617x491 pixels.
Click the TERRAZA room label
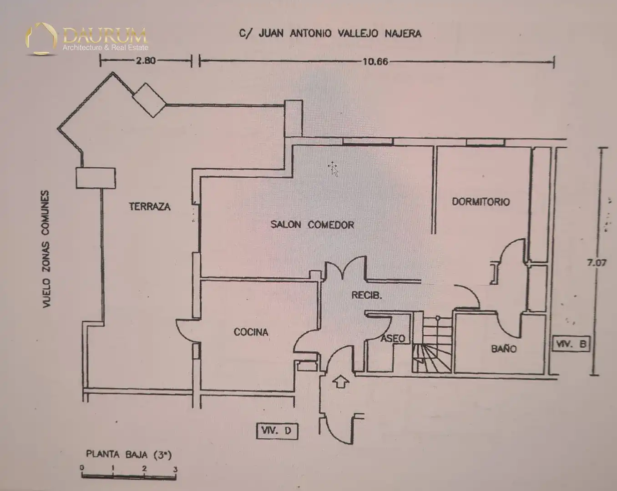[x=149, y=206]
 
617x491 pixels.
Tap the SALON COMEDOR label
[x=312, y=225]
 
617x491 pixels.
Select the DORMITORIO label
[x=481, y=202]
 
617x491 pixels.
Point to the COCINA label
[x=251, y=332]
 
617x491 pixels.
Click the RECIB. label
[x=367, y=295]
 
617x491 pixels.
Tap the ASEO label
[x=393, y=339]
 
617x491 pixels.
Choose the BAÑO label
[x=504, y=349]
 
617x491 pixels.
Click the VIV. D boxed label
[x=277, y=431]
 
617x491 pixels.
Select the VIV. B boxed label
[x=571, y=344]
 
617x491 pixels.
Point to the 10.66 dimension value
[x=375, y=61]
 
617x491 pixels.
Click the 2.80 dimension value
[x=146, y=61]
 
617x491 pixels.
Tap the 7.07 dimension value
[x=597, y=263]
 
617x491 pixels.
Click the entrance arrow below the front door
[x=341, y=381]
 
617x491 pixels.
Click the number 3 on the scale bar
[x=175, y=469]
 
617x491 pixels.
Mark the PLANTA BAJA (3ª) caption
[x=129, y=455]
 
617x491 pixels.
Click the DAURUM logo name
[x=105, y=35]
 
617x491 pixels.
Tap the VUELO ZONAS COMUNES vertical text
[x=46, y=249]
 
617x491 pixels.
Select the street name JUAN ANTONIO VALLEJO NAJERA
[x=340, y=34]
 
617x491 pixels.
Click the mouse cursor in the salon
[x=333, y=169]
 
